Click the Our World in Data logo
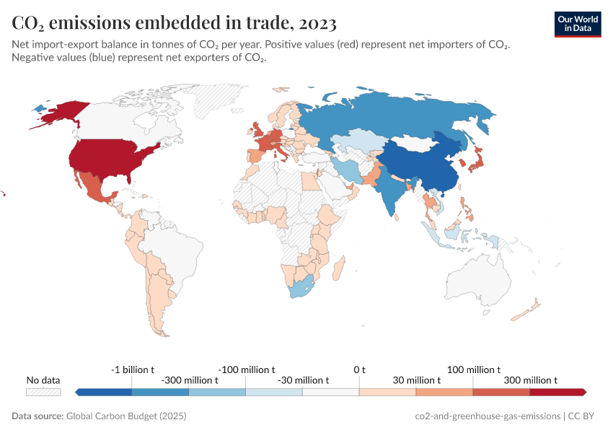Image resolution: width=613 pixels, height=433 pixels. click(x=577, y=23)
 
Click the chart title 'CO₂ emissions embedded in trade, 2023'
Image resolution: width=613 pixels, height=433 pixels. click(x=174, y=23)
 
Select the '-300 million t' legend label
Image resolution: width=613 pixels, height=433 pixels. click(x=189, y=380)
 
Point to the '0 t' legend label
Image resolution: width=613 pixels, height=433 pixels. click(x=359, y=369)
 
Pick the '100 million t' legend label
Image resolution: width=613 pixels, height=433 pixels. click(x=474, y=369)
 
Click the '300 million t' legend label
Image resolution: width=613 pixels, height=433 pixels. click(x=530, y=380)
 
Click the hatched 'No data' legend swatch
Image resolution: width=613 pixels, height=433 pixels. click(x=43, y=392)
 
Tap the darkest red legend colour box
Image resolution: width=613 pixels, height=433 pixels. click(x=557, y=392)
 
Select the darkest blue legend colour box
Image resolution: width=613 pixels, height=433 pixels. click(x=104, y=392)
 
